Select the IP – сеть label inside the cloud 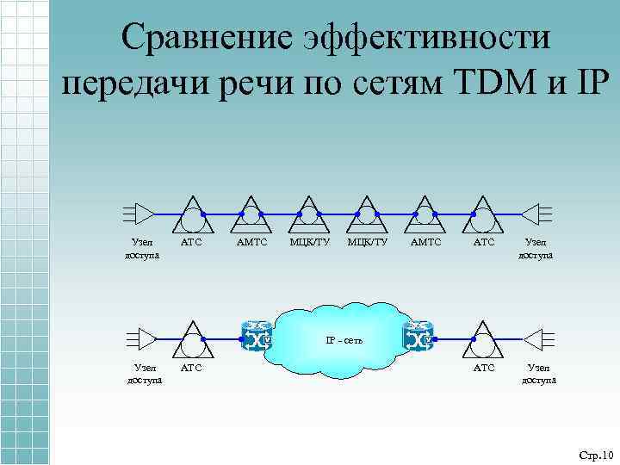[x=344, y=340]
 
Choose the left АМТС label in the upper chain [x=251, y=244]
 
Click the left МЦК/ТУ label [x=309, y=244]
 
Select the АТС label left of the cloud [x=191, y=369]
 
